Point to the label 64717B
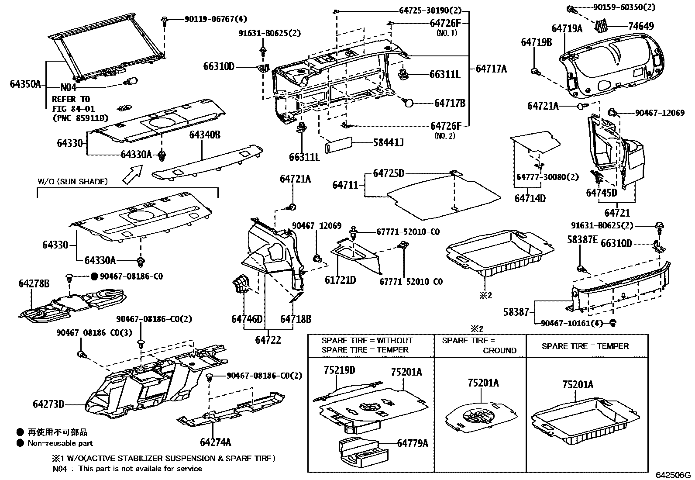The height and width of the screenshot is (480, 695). pos(450,103)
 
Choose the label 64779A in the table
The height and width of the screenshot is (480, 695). pos(413,443)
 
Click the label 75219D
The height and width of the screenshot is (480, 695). pos(339,370)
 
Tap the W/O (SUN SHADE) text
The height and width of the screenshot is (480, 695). pos(72,181)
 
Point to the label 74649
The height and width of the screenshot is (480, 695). pos(641,26)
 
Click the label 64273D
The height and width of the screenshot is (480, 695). pos(48,404)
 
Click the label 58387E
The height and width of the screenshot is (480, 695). pos(582,239)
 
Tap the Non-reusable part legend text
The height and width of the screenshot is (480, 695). pos(60,443)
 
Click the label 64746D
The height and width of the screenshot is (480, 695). pos(247,319)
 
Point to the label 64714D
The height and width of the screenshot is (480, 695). pos(530,198)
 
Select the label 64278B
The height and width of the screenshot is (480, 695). pos(34,284)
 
